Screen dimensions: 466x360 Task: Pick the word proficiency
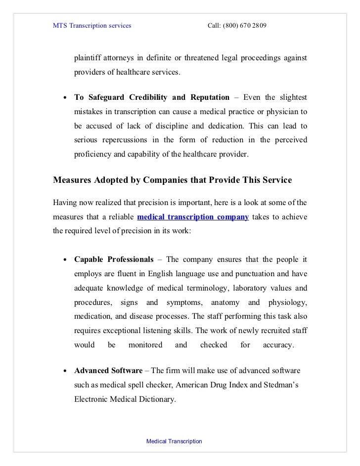click(92, 154)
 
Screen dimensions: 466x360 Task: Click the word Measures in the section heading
click(73, 180)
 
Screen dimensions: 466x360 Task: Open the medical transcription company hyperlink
click(193, 216)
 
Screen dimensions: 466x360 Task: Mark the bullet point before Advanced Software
click(65, 371)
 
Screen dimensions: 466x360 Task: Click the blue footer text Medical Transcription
click(174, 441)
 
